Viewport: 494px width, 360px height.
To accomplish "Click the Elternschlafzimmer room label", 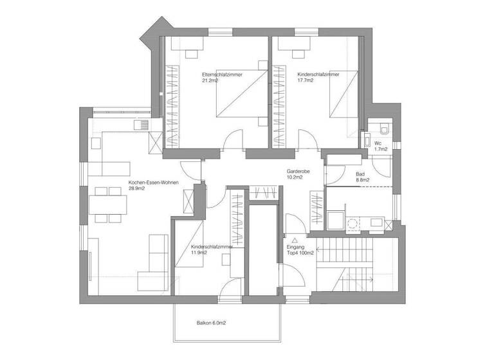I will click(222, 75).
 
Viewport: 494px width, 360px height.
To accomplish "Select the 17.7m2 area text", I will click(306, 82).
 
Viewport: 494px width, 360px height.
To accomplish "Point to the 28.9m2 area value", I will click(137, 190).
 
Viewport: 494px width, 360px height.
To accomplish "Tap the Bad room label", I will click(360, 174).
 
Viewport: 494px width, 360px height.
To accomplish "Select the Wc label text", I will click(378, 142).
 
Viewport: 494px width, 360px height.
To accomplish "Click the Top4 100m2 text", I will click(300, 253).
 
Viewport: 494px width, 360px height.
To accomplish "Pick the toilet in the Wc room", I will click(384, 127).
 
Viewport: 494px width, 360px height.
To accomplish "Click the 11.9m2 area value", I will click(199, 253).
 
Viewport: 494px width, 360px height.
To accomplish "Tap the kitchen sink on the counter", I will click(141, 125).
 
